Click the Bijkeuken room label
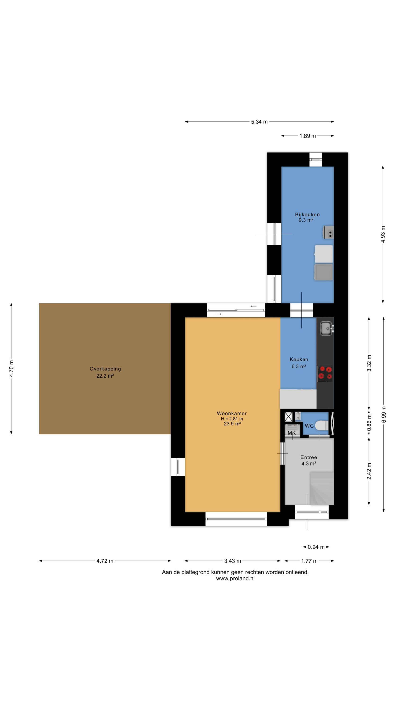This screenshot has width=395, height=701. click(x=307, y=215)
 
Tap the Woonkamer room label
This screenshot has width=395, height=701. click(x=232, y=413)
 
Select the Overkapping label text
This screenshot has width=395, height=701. click(x=105, y=369)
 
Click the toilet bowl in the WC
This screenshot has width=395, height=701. click(x=322, y=426)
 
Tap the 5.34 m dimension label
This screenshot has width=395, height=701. click(x=259, y=122)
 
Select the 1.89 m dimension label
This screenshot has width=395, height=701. click(x=307, y=136)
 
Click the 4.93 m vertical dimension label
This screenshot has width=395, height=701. click(x=383, y=234)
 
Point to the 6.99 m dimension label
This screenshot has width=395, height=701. click(x=384, y=415)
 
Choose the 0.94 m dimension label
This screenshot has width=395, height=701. click(x=316, y=547)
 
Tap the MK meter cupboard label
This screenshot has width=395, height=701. click(x=292, y=433)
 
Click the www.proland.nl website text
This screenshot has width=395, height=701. click(x=235, y=579)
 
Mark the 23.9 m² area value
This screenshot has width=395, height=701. click(x=233, y=424)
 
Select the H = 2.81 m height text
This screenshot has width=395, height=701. click(x=232, y=419)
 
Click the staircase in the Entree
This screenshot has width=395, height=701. click(x=322, y=488)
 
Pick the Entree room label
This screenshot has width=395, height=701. click(x=309, y=458)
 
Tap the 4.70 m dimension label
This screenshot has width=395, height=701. click(x=11, y=369)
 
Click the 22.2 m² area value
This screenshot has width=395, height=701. click(x=105, y=376)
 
